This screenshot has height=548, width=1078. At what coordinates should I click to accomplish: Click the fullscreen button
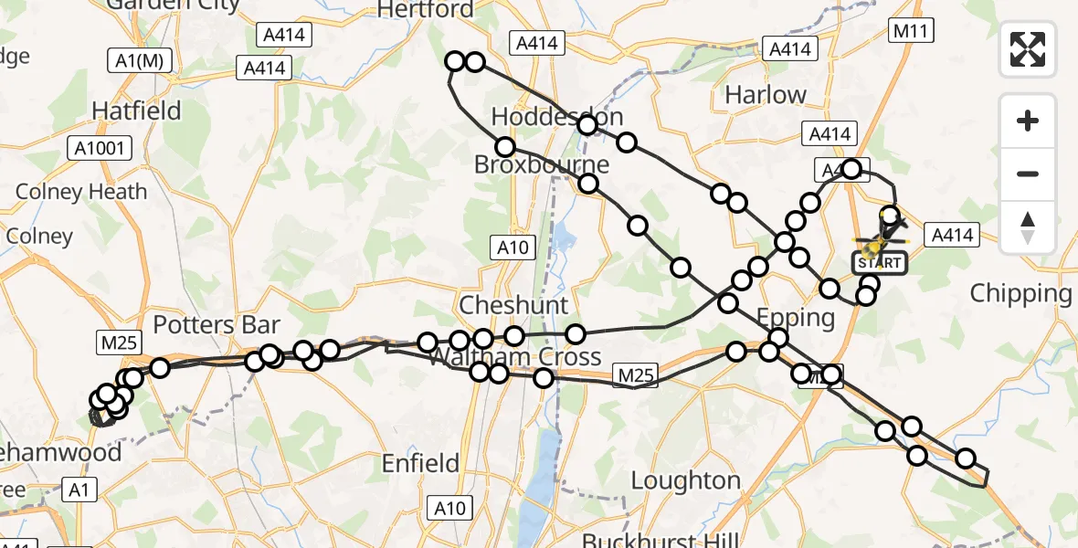pyautogui.click(x=1028, y=49)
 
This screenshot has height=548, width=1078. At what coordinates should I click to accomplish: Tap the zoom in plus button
pyautogui.click(x=1028, y=121)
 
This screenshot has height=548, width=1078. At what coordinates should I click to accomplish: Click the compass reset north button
pyautogui.click(x=1028, y=226)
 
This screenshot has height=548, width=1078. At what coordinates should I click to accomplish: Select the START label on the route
pyautogui.click(x=880, y=263)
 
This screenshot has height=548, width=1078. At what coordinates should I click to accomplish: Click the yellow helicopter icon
pyautogui.click(x=875, y=243)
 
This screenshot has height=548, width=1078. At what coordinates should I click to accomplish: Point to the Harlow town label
pyautogui.click(x=765, y=95)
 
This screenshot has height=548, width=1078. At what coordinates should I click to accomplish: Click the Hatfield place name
pyautogui.click(x=137, y=111)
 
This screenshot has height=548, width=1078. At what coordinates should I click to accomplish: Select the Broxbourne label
pyautogui.click(x=541, y=165)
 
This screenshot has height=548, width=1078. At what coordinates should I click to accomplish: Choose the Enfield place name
pyautogui.click(x=421, y=463)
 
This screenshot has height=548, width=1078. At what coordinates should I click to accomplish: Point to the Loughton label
pyautogui.click(x=685, y=480)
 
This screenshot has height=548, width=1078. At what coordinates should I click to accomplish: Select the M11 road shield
pyautogui.click(x=911, y=32)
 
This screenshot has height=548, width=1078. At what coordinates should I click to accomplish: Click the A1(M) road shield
pyautogui.click(x=139, y=61)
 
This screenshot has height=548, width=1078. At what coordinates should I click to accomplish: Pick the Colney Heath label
pyautogui.click(x=81, y=192)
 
